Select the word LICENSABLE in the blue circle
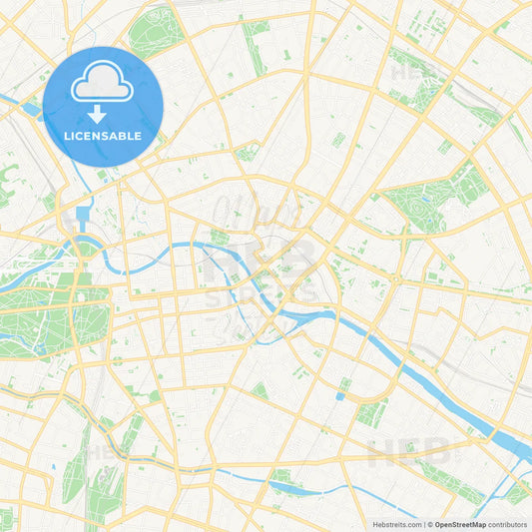(x=103, y=135)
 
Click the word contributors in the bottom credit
(x=508, y=524)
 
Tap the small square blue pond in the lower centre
(x=340, y=396)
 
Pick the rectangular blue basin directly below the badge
(x=83, y=214)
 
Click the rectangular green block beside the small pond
(x=371, y=412)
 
